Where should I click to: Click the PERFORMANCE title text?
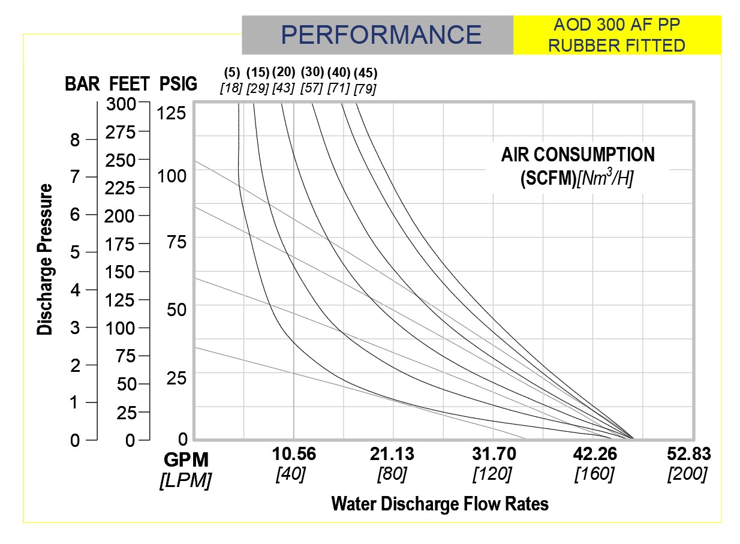[381, 35]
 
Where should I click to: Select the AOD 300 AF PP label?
[617, 26]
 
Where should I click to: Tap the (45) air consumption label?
[365, 73]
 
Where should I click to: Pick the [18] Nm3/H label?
[231, 88]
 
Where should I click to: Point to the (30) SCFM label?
[312, 72]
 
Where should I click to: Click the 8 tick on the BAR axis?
[75, 140]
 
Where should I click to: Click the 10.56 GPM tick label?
[293, 454]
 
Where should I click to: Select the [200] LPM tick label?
[687, 474]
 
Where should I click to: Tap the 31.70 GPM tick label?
[493, 454]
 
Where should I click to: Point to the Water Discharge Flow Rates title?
[440, 504]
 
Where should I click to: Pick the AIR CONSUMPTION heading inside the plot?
[578, 155]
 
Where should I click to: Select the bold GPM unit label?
[186, 460]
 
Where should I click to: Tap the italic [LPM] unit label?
[185, 480]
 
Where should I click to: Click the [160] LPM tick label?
[594, 474]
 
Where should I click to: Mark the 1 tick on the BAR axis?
[75, 402]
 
